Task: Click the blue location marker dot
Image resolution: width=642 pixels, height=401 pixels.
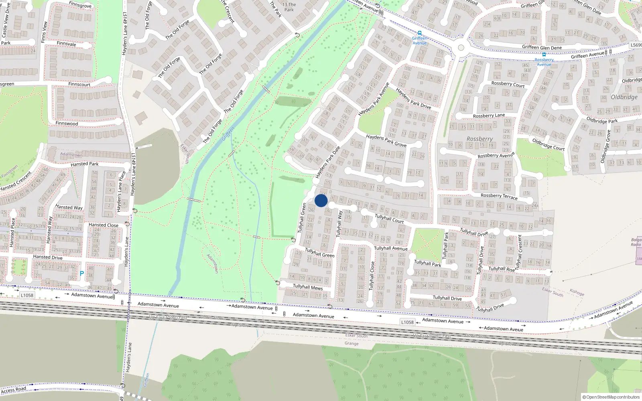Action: point(321,200)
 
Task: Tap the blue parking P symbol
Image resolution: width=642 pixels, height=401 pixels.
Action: point(82,274)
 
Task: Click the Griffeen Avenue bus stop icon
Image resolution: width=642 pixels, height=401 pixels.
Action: point(420,33)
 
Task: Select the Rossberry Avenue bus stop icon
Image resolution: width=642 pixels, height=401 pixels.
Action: point(544,55)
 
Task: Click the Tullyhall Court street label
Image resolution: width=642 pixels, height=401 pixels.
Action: point(389,219)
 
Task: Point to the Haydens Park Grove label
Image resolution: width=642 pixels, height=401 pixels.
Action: point(386,140)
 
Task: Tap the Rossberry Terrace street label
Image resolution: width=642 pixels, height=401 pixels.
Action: point(499,196)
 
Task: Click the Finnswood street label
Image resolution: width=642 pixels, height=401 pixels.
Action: point(67,124)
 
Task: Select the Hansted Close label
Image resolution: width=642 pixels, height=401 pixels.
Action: point(104,225)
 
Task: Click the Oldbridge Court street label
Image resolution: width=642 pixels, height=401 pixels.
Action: point(548,144)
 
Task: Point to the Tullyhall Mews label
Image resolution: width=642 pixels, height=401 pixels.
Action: point(308,287)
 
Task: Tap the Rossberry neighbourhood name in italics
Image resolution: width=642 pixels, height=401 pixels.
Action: point(479,139)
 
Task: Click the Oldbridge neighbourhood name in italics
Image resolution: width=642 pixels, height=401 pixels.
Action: point(624,97)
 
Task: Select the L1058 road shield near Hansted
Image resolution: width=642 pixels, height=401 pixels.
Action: point(27,296)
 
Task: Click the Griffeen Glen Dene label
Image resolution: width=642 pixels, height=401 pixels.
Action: point(542,47)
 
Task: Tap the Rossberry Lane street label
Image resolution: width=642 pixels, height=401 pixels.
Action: point(489,115)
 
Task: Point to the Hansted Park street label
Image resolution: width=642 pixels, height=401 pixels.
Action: point(84,164)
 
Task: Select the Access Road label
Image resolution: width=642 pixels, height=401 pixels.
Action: point(14,390)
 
